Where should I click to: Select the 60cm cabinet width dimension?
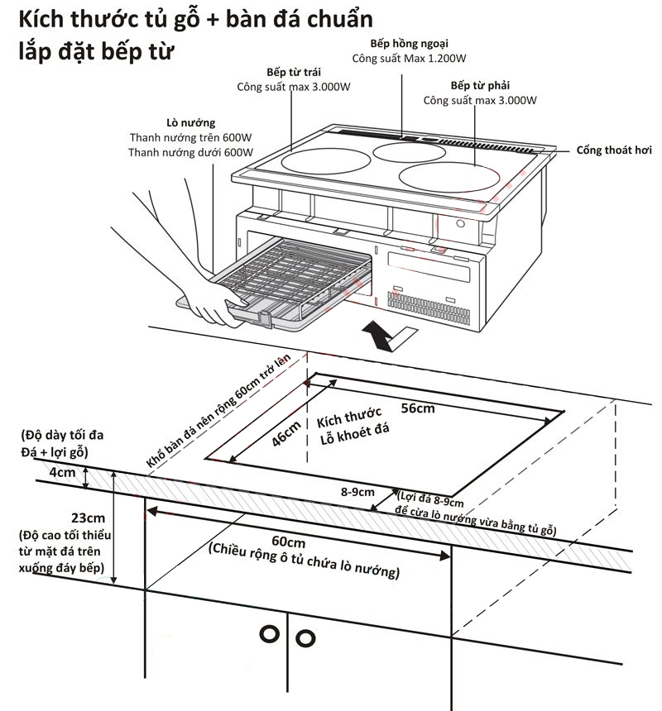point(294,542)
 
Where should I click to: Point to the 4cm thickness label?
point(61,473)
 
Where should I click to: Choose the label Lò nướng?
point(190,123)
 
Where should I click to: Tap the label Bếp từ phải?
point(480,86)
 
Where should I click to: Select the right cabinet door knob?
point(306,637)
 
